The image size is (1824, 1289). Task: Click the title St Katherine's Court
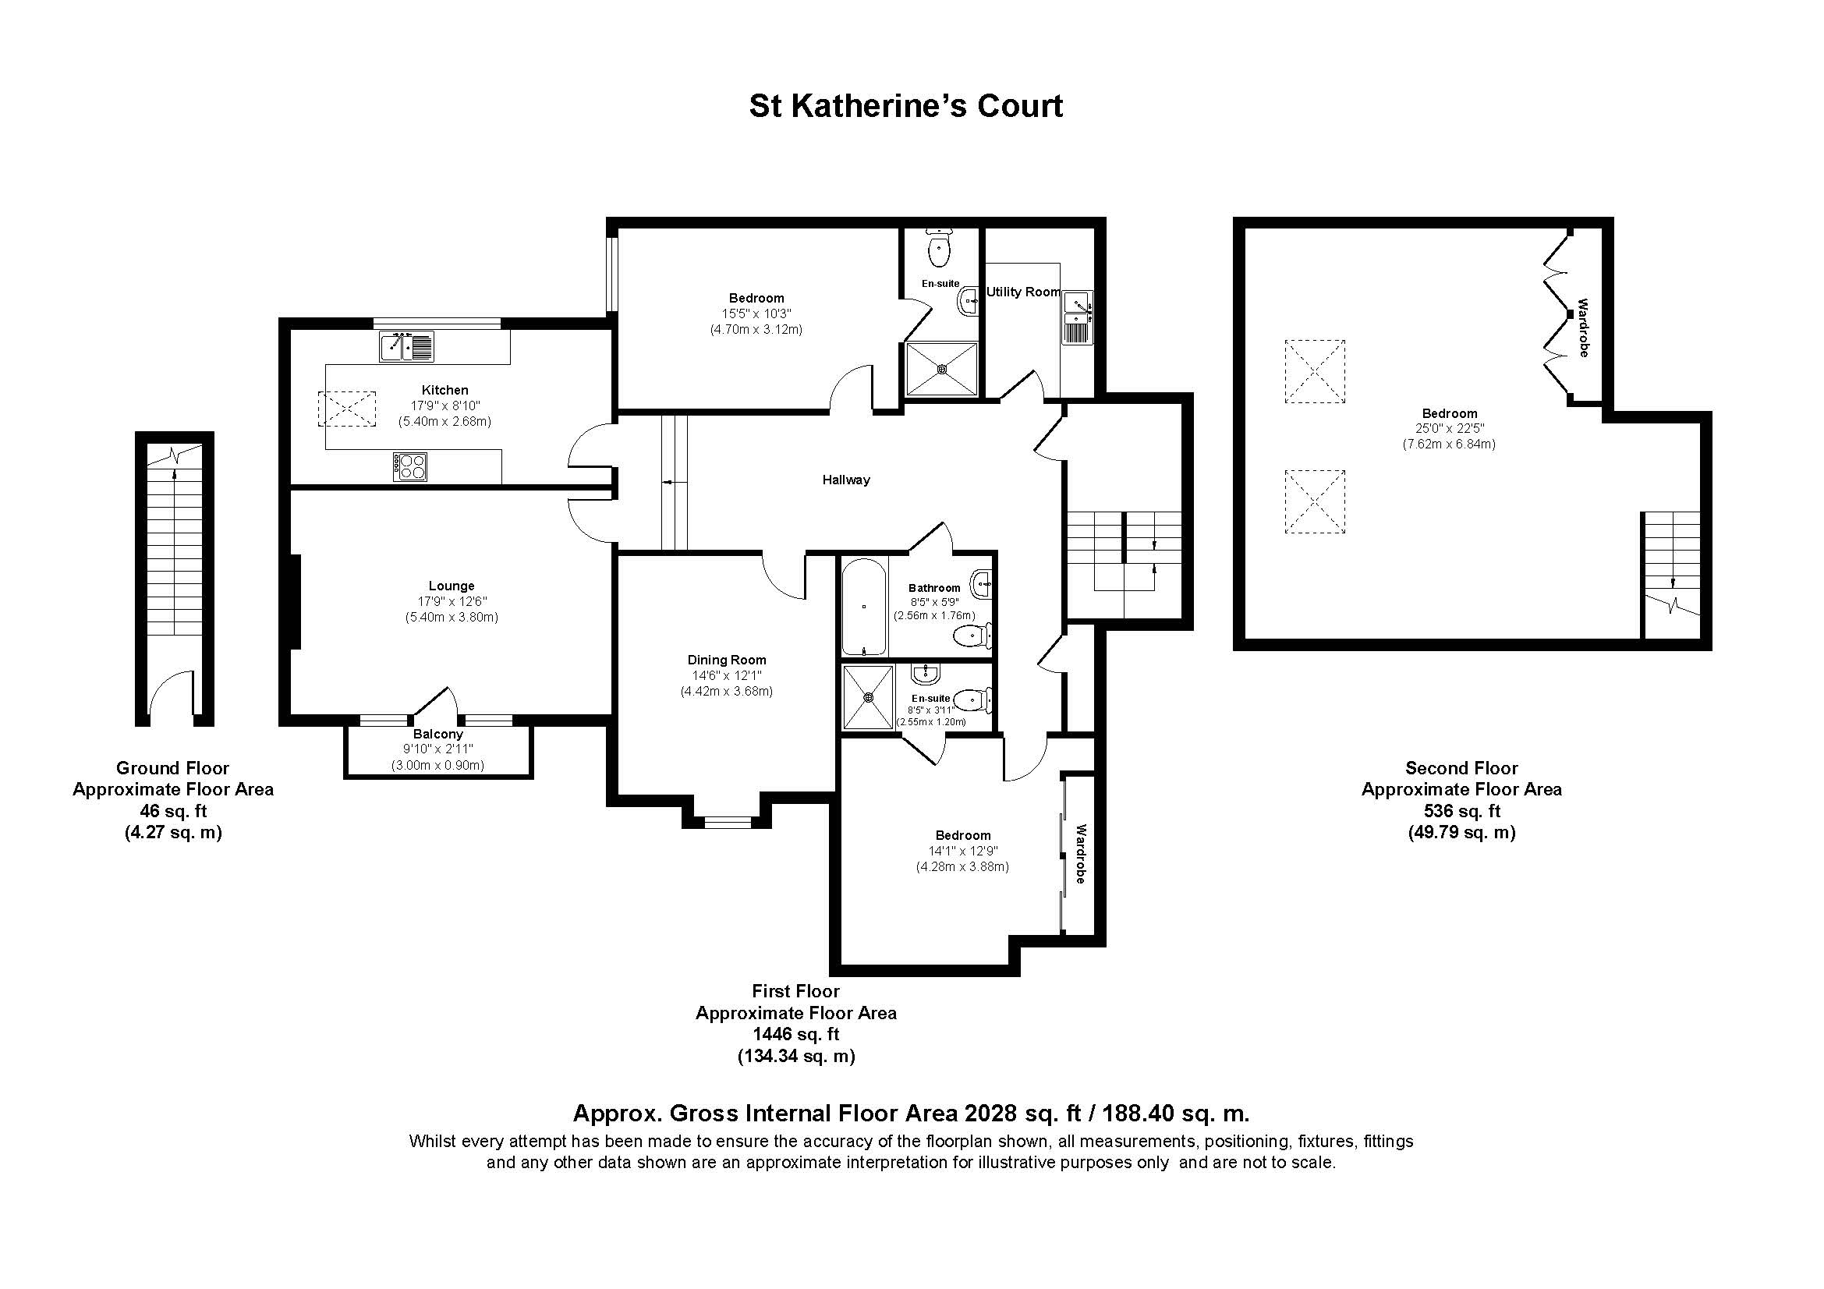click(x=905, y=105)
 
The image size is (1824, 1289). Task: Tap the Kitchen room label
click(x=444, y=390)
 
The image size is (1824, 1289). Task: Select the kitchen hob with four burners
click(x=410, y=466)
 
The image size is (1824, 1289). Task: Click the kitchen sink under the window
click(x=407, y=346)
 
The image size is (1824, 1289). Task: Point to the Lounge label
click(x=452, y=586)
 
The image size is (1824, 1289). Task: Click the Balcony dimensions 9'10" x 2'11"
click(x=437, y=749)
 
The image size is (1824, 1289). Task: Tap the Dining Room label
click(x=726, y=660)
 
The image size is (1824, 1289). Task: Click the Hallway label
click(x=845, y=480)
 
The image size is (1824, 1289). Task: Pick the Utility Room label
click(x=1022, y=292)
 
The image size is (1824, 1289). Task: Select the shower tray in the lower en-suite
click(x=867, y=697)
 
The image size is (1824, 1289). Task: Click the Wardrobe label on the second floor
click(x=1582, y=328)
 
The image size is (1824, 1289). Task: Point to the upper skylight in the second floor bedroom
click(x=1315, y=372)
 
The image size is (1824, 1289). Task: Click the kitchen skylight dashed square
click(x=346, y=409)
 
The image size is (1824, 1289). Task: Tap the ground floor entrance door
click(x=171, y=695)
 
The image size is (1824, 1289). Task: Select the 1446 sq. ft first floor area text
click(x=795, y=1034)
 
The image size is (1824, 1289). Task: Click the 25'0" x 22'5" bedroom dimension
click(x=1449, y=429)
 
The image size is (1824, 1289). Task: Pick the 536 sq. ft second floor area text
click(x=1461, y=811)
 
